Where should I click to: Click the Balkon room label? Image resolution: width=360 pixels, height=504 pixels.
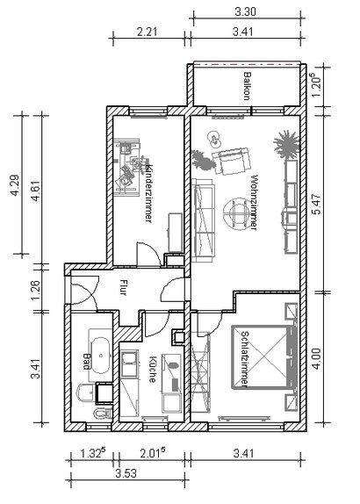click(x=247, y=86)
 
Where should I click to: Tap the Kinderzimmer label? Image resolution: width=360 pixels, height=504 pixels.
click(x=148, y=193)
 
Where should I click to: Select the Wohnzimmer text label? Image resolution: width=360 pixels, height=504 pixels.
click(x=254, y=203)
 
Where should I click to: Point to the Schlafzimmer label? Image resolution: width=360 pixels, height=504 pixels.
click(x=245, y=358)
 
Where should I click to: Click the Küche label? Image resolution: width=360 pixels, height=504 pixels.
click(x=153, y=370)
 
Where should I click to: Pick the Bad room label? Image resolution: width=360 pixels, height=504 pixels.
click(x=86, y=362)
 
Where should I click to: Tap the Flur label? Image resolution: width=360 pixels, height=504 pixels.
click(x=123, y=288)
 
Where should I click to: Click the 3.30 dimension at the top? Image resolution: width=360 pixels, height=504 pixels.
click(x=246, y=12)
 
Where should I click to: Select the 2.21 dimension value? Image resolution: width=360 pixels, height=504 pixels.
click(x=148, y=32)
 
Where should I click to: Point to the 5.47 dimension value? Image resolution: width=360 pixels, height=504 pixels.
click(x=317, y=204)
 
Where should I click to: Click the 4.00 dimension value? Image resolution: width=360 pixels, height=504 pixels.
click(x=317, y=359)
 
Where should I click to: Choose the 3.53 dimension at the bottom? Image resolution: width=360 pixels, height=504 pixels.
click(x=126, y=473)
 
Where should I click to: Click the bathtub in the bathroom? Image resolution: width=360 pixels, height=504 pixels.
click(x=101, y=356)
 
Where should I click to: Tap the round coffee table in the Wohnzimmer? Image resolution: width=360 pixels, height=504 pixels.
click(x=237, y=213)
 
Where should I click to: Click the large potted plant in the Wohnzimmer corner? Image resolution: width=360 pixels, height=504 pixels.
click(x=286, y=145)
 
